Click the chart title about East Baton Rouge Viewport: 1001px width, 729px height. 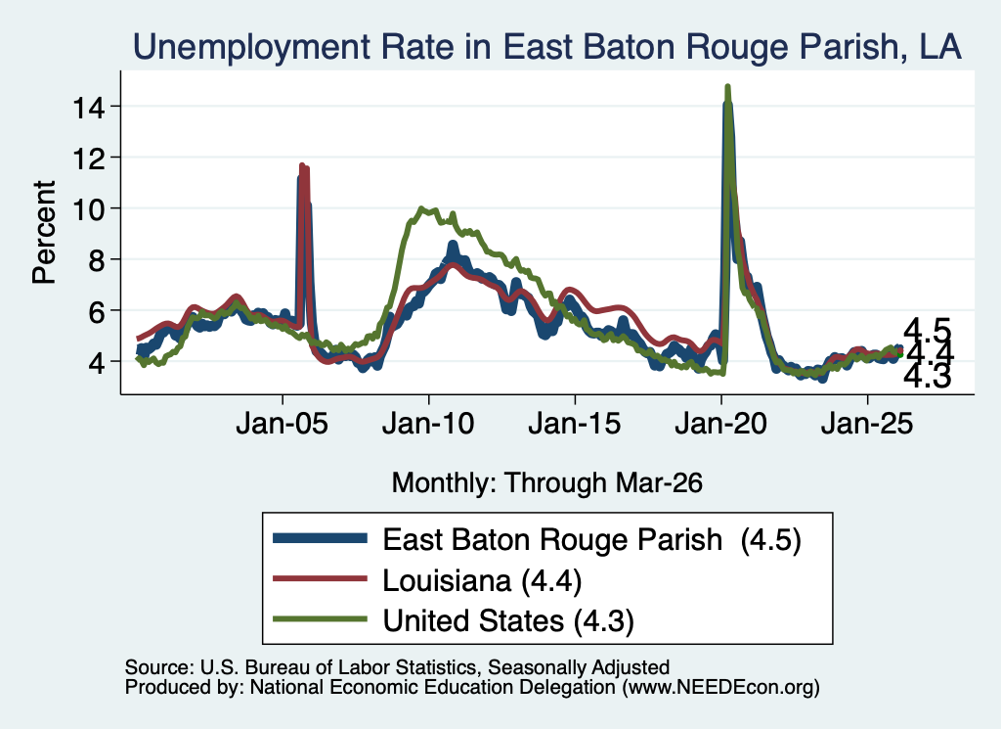547,47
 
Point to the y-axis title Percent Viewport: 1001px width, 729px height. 45,233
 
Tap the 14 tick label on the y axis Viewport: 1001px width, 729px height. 88,107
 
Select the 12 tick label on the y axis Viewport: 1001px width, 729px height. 88,158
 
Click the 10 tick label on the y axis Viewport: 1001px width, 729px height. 88,209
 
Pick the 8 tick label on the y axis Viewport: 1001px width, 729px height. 97,260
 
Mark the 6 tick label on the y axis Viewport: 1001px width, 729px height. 97,311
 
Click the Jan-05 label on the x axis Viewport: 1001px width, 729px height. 283,423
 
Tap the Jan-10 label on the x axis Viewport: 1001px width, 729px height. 428,423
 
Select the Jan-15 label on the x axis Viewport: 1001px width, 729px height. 575,423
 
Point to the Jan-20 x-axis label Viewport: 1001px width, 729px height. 720,423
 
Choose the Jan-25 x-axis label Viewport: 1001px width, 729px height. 867,423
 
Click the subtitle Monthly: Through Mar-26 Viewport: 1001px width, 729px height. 547,482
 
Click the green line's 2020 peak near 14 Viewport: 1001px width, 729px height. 727,86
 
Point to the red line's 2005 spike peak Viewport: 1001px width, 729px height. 303,165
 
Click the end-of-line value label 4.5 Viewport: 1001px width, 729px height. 928,330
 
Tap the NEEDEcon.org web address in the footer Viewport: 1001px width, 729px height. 720,687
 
